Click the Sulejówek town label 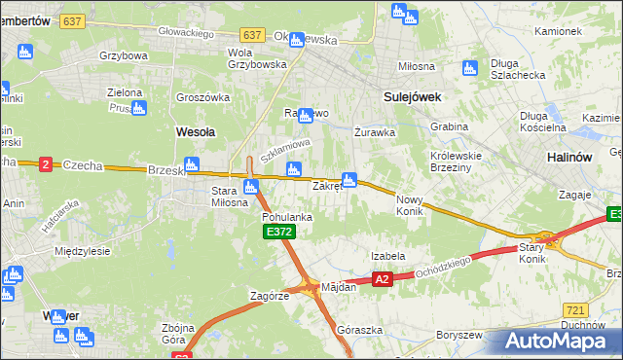pyautogui.click(x=413, y=97)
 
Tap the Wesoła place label pyautogui.click(x=195, y=130)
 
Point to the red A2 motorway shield pyautogui.click(x=382, y=279)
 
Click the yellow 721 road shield pyautogui.click(x=575, y=308)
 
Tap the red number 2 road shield pyautogui.click(x=45, y=164)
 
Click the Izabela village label pyautogui.click(x=387, y=256)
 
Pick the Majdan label pyautogui.click(x=339, y=287)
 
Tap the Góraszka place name pyautogui.click(x=354, y=330)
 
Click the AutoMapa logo pyautogui.click(x=553, y=341)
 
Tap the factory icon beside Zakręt pyautogui.click(x=349, y=180)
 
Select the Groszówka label pyautogui.click(x=202, y=97)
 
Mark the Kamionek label pyautogui.click(x=558, y=31)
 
